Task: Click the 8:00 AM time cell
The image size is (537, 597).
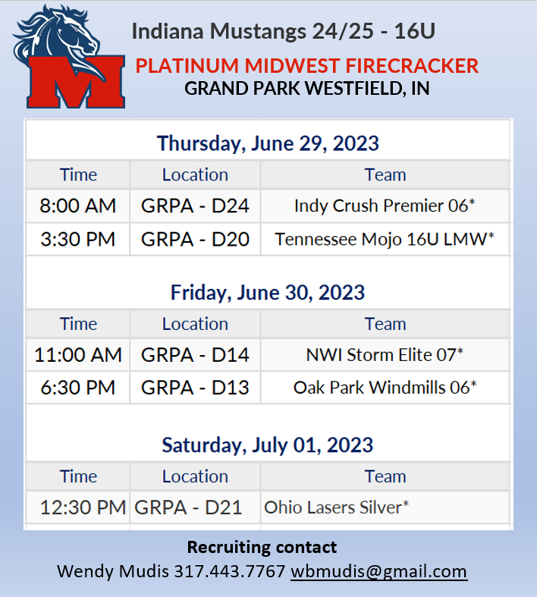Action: click(x=78, y=206)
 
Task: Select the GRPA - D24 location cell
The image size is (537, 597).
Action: click(x=195, y=206)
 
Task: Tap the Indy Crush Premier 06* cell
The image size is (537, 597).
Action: click(x=385, y=206)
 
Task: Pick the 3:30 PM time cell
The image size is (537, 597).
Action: click(x=78, y=240)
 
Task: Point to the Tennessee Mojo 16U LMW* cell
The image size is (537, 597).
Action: click(x=385, y=240)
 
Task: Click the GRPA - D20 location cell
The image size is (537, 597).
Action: click(x=195, y=240)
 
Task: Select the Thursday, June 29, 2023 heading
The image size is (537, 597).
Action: click(x=268, y=143)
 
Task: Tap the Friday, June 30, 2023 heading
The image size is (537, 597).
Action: click(x=268, y=292)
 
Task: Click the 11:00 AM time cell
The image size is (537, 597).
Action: click(x=78, y=354)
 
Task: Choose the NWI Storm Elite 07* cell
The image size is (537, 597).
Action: click(x=385, y=354)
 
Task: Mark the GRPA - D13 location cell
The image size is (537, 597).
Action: click(x=195, y=388)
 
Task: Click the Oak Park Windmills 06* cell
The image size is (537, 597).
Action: click(x=385, y=388)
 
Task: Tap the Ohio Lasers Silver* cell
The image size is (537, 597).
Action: click(x=336, y=507)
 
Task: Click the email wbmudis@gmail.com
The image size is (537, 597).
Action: click(x=378, y=571)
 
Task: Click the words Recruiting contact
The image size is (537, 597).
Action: click(x=262, y=547)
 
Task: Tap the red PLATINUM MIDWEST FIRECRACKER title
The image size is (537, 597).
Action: click(x=307, y=65)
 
